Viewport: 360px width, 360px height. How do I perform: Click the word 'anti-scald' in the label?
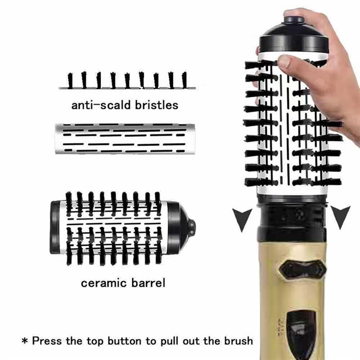click(101, 105)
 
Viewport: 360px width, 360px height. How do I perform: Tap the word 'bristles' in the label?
click(157, 105)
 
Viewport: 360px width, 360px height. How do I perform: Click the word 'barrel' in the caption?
click(148, 283)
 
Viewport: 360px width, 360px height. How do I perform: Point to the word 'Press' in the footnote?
click(47, 341)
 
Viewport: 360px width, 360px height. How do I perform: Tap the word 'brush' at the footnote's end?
click(239, 341)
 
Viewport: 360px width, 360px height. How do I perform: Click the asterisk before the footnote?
click(25, 341)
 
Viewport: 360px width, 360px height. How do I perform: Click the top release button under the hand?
click(295, 19)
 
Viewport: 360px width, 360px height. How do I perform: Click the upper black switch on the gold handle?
click(303, 270)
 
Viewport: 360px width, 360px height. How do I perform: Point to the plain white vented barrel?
click(125, 139)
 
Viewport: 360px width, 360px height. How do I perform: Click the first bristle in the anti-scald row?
click(70, 81)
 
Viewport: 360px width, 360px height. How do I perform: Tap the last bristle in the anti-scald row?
click(185, 80)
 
